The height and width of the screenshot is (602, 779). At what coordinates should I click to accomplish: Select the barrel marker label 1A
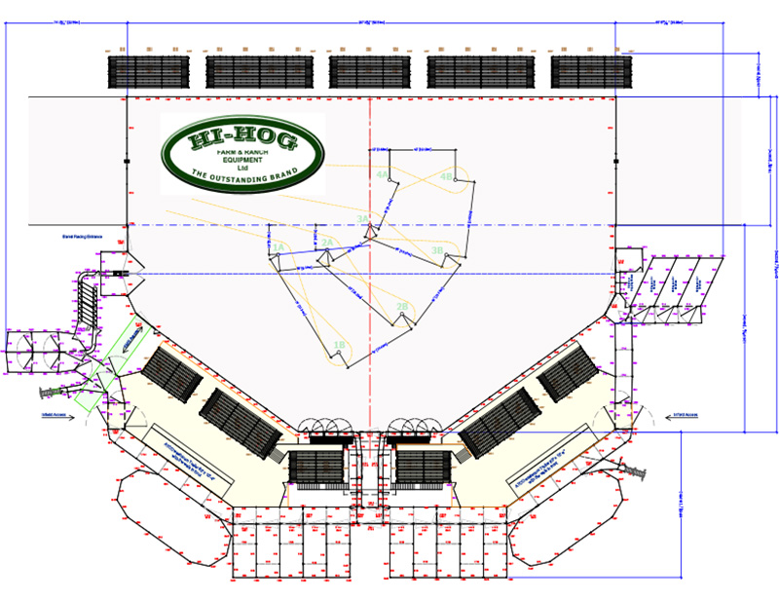pyautogui.click(x=278, y=248)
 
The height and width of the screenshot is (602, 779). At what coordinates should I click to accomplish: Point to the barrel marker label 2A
pyautogui.click(x=328, y=243)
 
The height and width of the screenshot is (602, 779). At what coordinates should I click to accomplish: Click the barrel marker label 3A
pyautogui.click(x=362, y=219)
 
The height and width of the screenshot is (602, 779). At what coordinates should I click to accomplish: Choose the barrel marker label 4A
pyautogui.click(x=383, y=174)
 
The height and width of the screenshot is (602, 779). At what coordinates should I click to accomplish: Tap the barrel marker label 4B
pyautogui.click(x=446, y=177)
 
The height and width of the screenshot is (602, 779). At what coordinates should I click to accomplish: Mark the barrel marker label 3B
pyautogui.click(x=437, y=250)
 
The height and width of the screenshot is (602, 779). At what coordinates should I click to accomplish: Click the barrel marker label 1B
pyautogui.click(x=339, y=345)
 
